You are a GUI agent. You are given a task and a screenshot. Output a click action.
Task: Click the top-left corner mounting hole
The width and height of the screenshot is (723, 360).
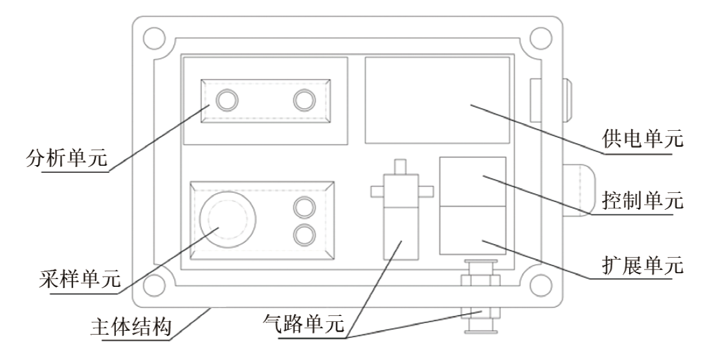[x=151, y=36]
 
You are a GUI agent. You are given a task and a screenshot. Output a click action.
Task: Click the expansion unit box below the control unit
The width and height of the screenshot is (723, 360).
[x=473, y=230]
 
